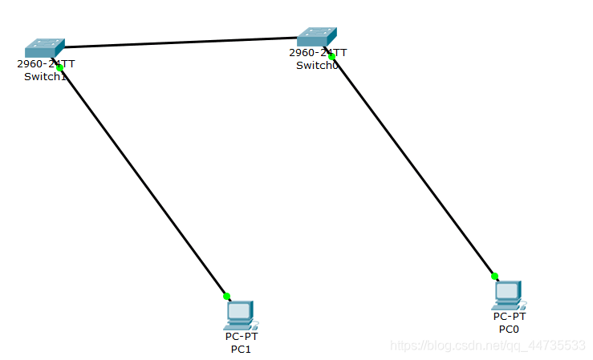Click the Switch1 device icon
click(x=44, y=48)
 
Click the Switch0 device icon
click(x=317, y=37)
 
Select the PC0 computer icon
click(x=508, y=295)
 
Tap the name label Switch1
click(x=46, y=76)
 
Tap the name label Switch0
click(x=317, y=65)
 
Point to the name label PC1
click(x=242, y=349)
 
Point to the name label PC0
click(x=509, y=329)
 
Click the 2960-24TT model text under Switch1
click(x=46, y=64)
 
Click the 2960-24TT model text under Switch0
click(x=318, y=53)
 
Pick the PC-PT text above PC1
click(x=242, y=337)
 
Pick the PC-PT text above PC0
click(x=510, y=317)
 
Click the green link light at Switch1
click(x=59, y=68)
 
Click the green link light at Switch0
click(x=331, y=56)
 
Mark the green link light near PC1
click(x=226, y=296)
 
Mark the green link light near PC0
click(x=494, y=276)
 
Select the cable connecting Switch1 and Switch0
click(x=181, y=42)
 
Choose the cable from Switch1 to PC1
click(x=143, y=182)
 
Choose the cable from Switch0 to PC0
click(x=413, y=166)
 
